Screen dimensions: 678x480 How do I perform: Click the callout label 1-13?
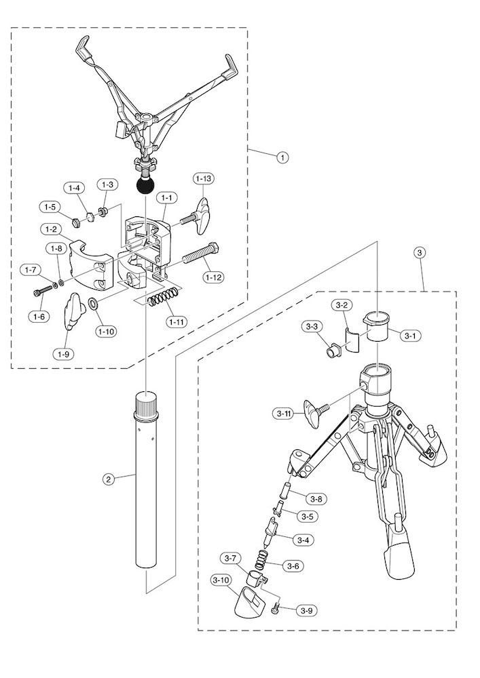204,179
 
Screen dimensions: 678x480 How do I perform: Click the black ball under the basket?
145,184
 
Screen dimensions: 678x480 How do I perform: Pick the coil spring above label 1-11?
165,297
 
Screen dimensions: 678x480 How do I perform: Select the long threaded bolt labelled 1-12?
200,258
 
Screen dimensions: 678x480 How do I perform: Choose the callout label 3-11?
284,413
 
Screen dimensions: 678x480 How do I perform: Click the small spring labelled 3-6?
261,559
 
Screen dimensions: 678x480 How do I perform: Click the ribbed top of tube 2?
147,405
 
